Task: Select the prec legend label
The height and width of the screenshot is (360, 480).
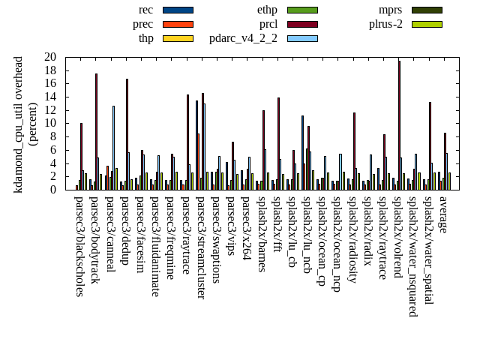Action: pos(142,24)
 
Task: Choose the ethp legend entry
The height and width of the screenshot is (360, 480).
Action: pos(267,10)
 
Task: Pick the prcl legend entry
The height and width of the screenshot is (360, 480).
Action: pos(268,24)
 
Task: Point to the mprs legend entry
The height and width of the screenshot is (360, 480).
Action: pos(391,10)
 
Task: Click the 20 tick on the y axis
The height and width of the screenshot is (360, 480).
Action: pos(50,57)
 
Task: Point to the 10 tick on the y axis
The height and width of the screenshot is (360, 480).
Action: pos(50,123)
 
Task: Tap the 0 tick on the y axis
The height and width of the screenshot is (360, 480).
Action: pos(53,190)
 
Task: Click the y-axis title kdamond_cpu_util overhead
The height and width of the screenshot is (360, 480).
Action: pos(19,124)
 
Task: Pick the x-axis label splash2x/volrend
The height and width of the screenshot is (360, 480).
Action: pos(397,240)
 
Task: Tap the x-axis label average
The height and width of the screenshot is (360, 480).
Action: pos(443,214)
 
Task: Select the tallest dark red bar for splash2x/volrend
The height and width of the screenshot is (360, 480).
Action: pos(399,124)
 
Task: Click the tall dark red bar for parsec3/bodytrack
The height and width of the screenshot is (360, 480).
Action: pos(96,131)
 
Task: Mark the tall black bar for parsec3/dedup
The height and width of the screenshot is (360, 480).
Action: pos(127,134)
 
